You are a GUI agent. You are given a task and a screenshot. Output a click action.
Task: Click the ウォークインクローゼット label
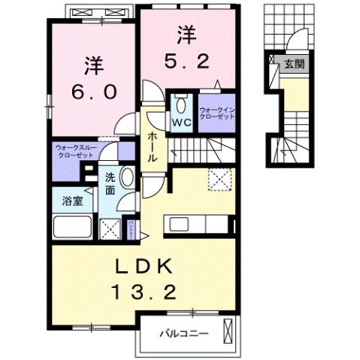click(x=217, y=114)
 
